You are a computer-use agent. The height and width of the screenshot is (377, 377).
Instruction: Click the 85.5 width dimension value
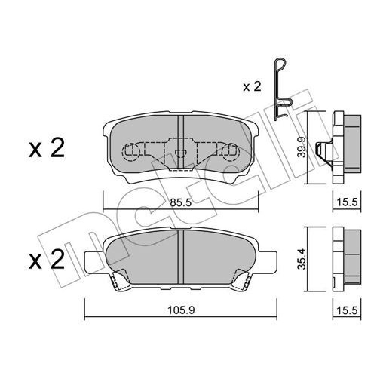click(181, 202)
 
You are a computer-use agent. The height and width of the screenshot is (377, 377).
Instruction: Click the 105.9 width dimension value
click(181, 310)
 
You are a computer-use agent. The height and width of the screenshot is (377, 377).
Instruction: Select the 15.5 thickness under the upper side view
click(347, 202)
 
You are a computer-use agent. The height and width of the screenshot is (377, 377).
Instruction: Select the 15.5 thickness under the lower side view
click(347, 310)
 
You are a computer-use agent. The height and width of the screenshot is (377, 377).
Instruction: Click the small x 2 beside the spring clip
click(252, 86)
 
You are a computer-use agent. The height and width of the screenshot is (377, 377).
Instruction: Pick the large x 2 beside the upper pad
click(47, 148)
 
